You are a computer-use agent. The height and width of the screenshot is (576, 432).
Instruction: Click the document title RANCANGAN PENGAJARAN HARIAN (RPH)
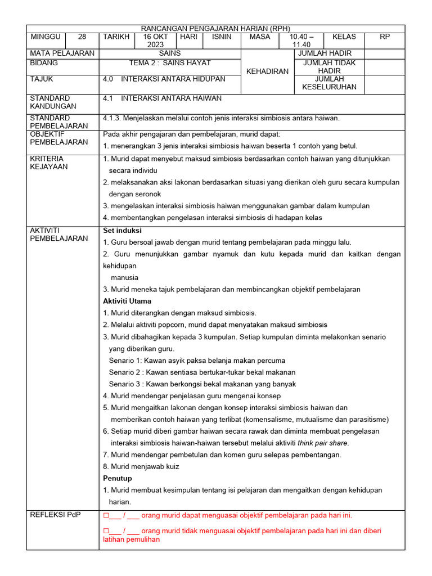(x=215, y=28)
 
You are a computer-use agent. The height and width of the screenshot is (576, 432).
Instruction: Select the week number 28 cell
(x=82, y=37)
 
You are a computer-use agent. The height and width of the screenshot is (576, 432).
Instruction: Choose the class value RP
(x=385, y=37)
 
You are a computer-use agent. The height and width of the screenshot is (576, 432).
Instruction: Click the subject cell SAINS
(x=170, y=53)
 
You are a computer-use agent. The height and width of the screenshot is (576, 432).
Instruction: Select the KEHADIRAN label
(x=267, y=71)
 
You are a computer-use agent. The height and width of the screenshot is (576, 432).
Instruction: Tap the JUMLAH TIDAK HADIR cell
(x=329, y=67)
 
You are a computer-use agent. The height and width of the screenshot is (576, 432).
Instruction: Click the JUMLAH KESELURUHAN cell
(x=329, y=83)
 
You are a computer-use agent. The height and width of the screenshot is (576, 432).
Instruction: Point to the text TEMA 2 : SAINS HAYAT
(x=170, y=63)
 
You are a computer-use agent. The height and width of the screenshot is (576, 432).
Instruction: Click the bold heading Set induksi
(x=123, y=231)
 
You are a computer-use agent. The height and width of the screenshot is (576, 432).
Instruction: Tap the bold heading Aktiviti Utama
(x=127, y=301)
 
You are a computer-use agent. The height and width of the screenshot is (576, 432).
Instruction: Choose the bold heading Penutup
(x=118, y=478)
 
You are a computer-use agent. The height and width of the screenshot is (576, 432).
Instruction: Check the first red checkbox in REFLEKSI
(x=106, y=515)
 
